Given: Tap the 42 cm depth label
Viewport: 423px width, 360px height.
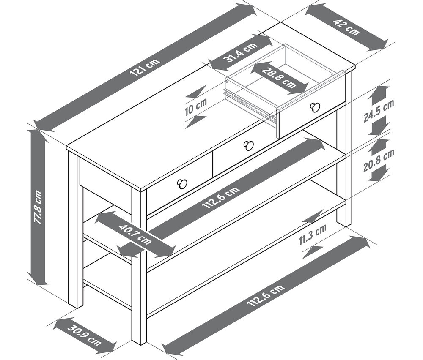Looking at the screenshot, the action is [347, 27].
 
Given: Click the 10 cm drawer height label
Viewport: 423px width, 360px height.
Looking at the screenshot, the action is [196, 107].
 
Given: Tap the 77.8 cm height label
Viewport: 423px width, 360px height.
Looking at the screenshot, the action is [38, 207].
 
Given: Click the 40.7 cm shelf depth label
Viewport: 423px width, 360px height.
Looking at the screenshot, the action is [135, 234].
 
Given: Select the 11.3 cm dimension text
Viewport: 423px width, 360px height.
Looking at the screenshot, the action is [313, 235].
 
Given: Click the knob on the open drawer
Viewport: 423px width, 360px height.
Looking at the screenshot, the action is [315, 107].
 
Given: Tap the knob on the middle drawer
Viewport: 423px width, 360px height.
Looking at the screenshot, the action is [249, 145].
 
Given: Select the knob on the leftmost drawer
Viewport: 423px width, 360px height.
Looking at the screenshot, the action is [182, 184].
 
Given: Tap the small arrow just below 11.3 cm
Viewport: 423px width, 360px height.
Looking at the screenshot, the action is [313, 252].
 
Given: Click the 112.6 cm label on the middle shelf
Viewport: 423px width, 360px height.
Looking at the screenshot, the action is [221, 197].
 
